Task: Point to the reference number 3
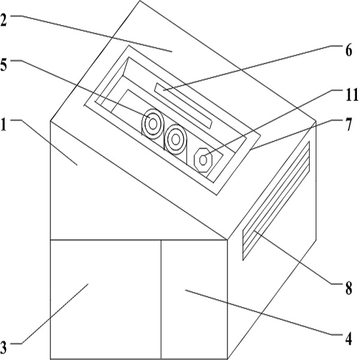pos(5,346)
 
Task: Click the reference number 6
pos(347,50)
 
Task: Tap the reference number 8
pos(347,289)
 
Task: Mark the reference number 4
pos(347,338)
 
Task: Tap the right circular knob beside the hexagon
pos(175,140)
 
